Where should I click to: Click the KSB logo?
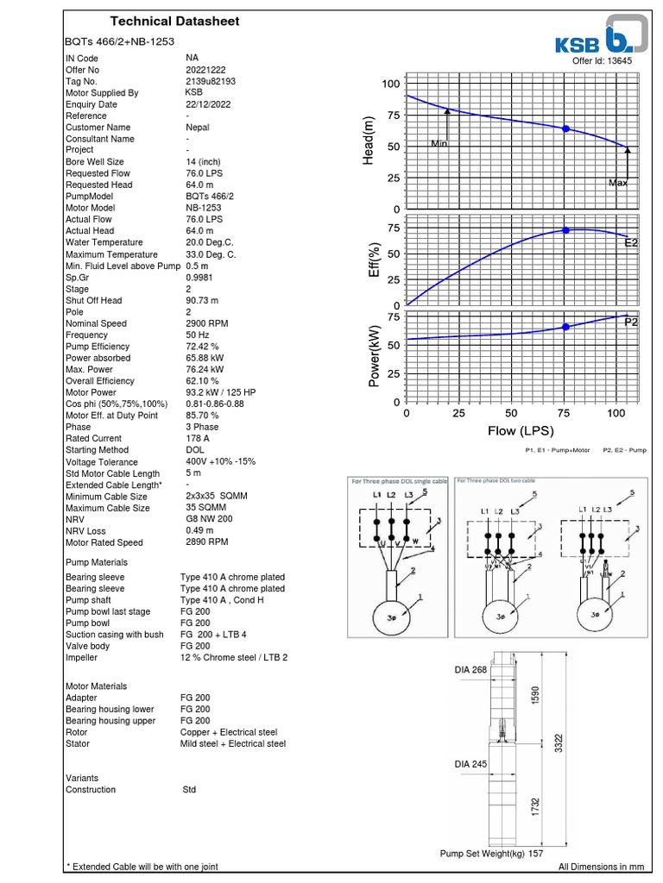pyautogui.click(x=599, y=37)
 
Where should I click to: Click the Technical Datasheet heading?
pyautogui.click(x=175, y=22)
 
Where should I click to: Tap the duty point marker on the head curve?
pyautogui.click(x=566, y=128)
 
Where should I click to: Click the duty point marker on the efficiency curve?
pyautogui.click(x=566, y=230)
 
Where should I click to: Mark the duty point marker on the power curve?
pyautogui.click(x=566, y=327)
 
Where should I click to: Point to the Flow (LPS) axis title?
pyautogui.click(x=521, y=431)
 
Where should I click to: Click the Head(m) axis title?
pyautogui.click(x=369, y=141)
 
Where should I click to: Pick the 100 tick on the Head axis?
pyautogui.click(x=391, y=84)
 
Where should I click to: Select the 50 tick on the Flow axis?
pyautogui.click(x=511, y=414)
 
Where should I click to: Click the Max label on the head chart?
pyautogui.click(x=618, y=183)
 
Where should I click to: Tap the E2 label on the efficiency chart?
pyautogui.click(x=631, y=244)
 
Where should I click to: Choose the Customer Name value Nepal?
pyautogui.click(x=198, y=128)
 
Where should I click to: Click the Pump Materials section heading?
pyautogui.click(x=96, y=563)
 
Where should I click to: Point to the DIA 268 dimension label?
pyautogui.click(x=472, y=669)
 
